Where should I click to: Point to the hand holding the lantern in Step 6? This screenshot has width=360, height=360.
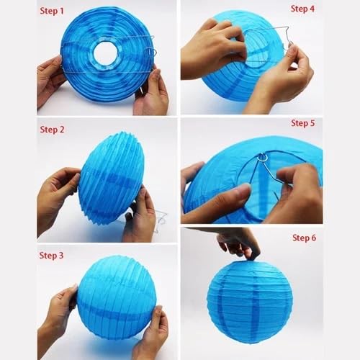click(x=238, y=243)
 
